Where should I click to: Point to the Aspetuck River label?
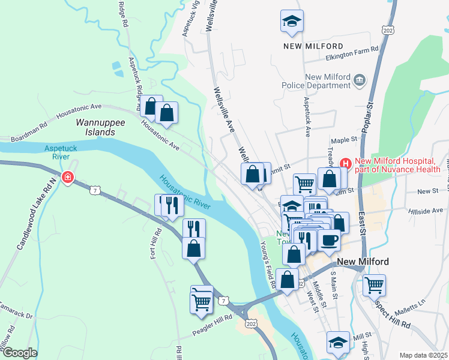[57, 152]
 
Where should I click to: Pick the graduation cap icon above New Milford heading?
[291, 22]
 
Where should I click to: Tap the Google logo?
[20, 353]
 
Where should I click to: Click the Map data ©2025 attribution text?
[424, 355]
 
